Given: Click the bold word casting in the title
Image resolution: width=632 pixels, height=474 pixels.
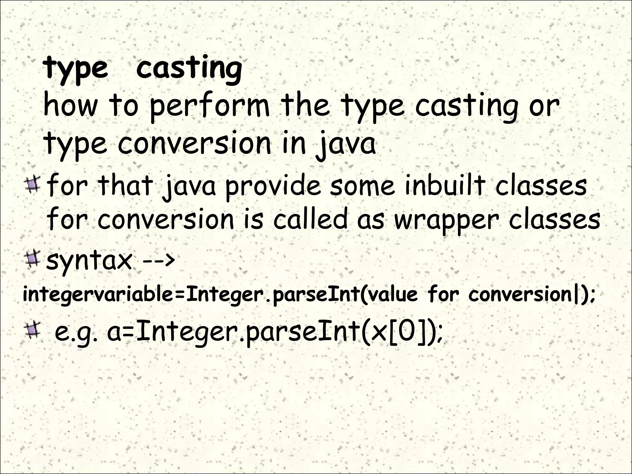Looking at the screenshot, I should tap(189, 68).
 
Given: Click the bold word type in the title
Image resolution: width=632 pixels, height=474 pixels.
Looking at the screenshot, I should tap(76, 69).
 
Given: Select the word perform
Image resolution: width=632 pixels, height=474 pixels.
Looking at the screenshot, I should tap(210, 106).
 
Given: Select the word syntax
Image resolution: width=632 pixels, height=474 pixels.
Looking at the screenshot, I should tap(89, 261).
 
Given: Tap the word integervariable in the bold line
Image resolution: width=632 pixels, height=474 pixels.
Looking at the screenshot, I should tap(98, 295).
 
